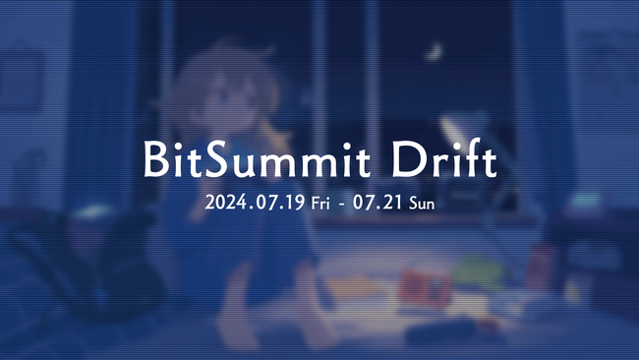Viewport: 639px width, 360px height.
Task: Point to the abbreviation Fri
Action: coord(321,205)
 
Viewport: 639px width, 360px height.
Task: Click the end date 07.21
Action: coord(380,205)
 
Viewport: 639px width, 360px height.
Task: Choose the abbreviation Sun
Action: coord(421,205)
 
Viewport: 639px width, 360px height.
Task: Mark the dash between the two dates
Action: coord(344,206)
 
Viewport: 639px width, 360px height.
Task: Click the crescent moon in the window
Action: coord(434,48)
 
